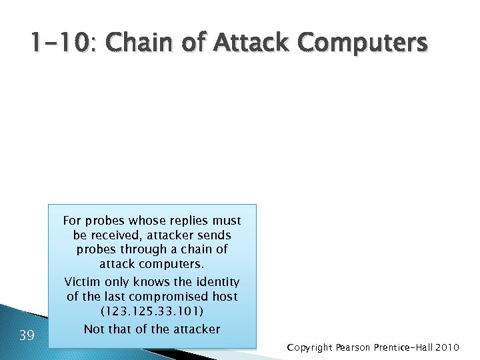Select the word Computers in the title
[363, 44]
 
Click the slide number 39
[27, 335]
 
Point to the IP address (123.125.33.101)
[151, 311]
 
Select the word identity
[216, 282]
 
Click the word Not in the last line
[94, 328]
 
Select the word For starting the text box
[73, 221]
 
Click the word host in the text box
[225, 297]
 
